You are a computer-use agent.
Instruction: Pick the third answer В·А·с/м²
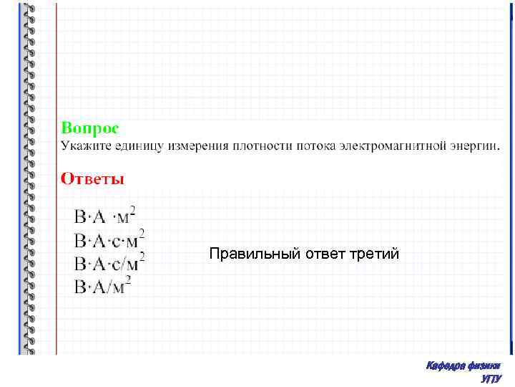click(109, 262)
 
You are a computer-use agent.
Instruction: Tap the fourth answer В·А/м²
click(102, 285)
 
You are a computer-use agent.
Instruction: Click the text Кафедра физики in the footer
click(463, 366)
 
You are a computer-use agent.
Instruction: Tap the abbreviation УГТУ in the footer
click(492, 378)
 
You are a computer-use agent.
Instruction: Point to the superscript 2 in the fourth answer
click(127, 279)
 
